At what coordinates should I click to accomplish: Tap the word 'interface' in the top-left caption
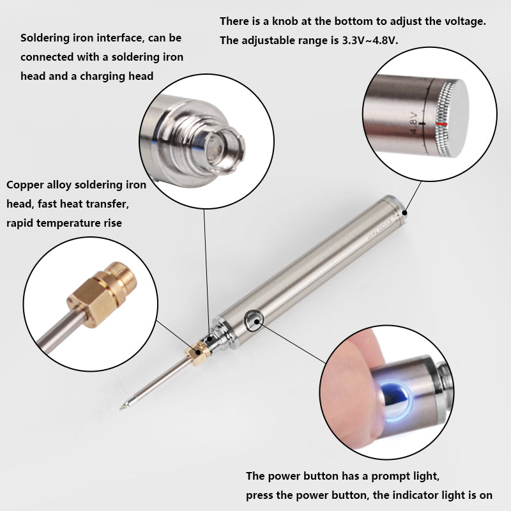click(121, 38)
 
